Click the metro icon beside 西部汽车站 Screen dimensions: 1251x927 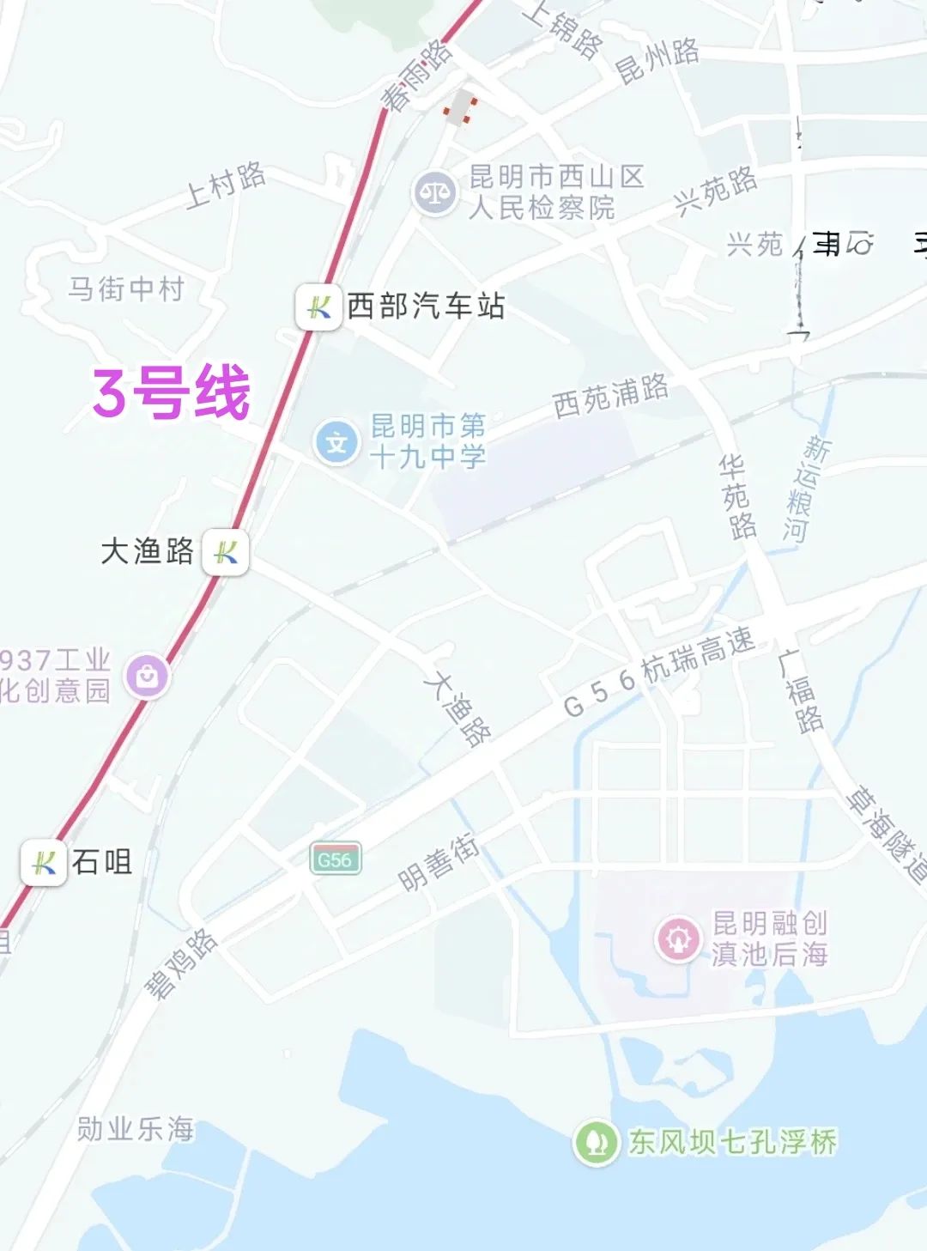point(318,307)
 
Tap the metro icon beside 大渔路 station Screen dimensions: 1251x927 point(226,551)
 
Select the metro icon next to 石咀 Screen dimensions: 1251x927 point(44,862)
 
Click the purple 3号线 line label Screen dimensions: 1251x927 point(172,392)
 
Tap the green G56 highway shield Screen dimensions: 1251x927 point(335,859)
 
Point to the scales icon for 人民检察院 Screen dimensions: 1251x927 point(434,193)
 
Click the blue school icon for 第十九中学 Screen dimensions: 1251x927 point(336,442)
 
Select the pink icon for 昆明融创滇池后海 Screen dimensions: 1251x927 point(678,938)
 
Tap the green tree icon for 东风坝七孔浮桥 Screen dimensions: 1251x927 point(596,1142)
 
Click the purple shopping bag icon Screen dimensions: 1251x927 point(147,676)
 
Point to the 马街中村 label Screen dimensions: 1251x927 point(126,288)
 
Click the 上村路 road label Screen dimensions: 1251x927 point(226,185)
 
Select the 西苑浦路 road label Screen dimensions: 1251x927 point(610,396)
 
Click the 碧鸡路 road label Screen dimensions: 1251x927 point(180,963)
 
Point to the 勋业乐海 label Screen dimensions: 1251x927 point(136,1128)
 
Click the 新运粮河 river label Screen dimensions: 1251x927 point(805,489)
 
